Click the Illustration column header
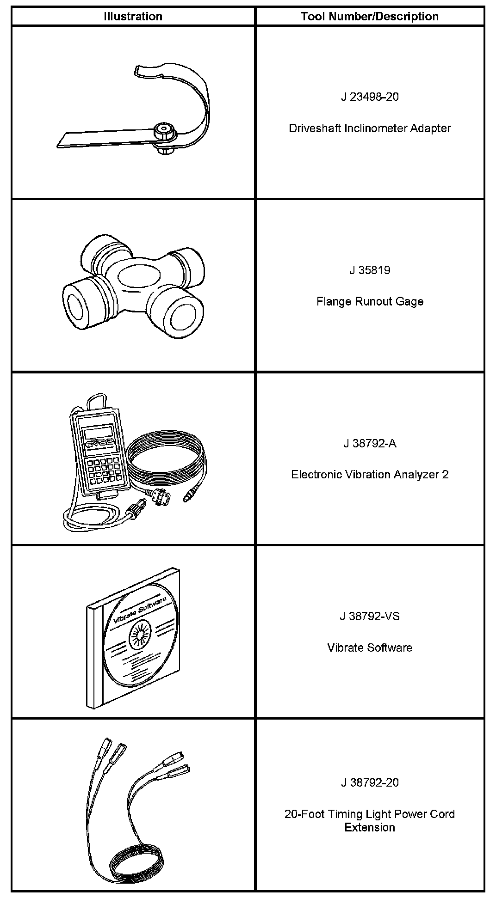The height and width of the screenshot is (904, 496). click(x=133, y=17)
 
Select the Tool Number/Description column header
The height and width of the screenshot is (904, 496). click(x=369, y=17)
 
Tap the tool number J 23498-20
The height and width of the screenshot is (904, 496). click(x=370, y=97)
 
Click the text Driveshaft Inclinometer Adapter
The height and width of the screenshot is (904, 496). click(x=370, y=128)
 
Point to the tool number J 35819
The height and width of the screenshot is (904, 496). click(x=370, y=270)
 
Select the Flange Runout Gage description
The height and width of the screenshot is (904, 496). click(x=370, y=301)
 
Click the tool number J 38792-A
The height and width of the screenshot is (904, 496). click(x=370, y=444)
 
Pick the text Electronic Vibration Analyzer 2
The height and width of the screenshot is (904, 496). click(x=370, y=475)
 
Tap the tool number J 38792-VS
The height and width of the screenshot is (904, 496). click(x=370, y=617)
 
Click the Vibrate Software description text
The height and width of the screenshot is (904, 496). click(x=370, y=647)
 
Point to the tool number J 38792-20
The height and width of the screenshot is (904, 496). click(x=370, y=782)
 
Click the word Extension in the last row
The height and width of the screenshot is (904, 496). click(x=370, y=827)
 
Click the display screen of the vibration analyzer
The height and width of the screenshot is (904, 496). click(x=98, y=433)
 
